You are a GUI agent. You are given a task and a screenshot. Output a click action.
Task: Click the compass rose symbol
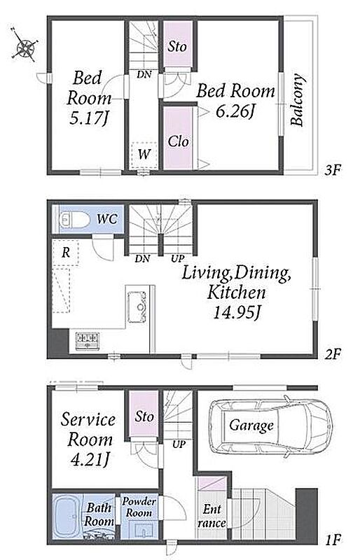[x=25, y=45]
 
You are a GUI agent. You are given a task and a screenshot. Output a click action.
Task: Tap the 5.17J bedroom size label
[x=89, y=118]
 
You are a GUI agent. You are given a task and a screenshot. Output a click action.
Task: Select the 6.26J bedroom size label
[x=235, y=111]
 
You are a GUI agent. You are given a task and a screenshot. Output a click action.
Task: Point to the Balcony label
[x=298, y=99]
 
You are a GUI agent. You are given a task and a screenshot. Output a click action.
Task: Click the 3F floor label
[x=332, y=169]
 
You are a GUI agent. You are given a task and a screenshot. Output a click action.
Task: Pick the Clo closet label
[x=178, y=141]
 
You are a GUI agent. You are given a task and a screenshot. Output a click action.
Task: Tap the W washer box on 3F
[x=144, y=155]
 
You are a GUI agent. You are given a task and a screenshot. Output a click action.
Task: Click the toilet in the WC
[x=75, y=219]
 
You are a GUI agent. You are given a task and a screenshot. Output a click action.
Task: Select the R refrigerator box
[x=65, y=253]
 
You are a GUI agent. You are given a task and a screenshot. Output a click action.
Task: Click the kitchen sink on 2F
[x=137, y=307]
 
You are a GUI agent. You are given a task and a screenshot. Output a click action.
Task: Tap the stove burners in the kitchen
[x=88, y=341]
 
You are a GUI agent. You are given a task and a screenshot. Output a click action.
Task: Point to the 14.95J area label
[x=236, y=313]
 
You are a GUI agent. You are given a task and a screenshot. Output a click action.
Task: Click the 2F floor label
[x=333, y=354]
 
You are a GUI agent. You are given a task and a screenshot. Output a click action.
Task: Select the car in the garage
[x=271, y=426]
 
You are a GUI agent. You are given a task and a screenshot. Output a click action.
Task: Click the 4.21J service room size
[x=90, y=460]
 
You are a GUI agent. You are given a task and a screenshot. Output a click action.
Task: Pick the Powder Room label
[x=139, y=507]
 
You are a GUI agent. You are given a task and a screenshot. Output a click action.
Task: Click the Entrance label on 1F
[x=212, y=516]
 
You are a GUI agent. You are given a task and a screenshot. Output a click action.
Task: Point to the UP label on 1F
[x=179, y=444]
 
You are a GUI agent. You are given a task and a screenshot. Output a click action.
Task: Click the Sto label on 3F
[x=177, y=46]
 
